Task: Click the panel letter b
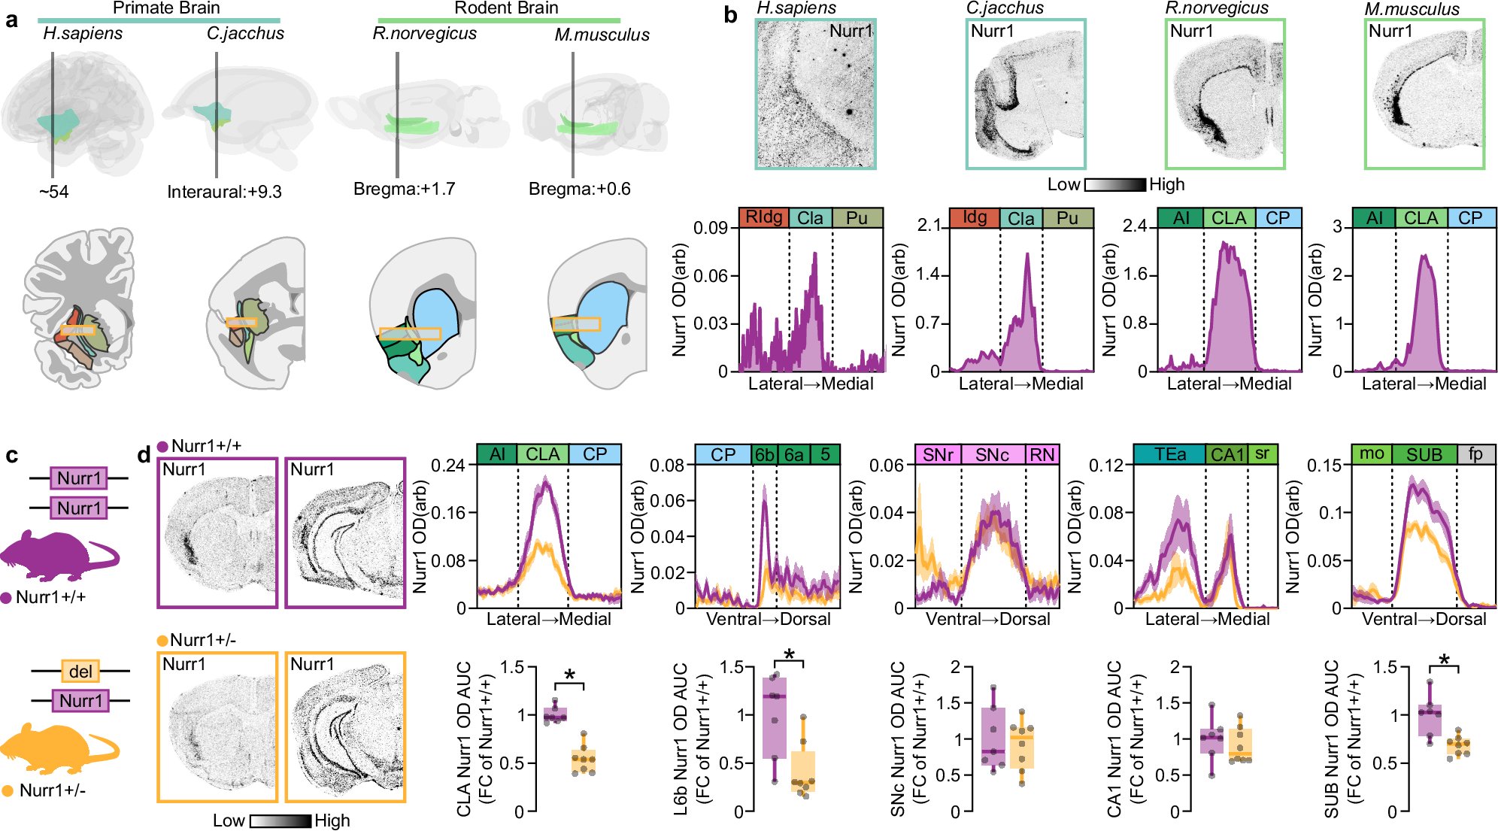(730, 15)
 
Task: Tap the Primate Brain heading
(166, 8)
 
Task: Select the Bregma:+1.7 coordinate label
(405, 189)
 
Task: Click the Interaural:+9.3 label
(224, 192)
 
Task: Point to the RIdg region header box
(764, 217)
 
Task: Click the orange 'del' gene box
(80, 671)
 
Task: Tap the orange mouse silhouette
(56, 748)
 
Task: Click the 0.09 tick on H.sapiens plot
(710, 228)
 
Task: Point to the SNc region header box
(992, 454)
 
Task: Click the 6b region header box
(764, 454)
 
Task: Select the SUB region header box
(1424, 454)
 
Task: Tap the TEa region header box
(1170, 454)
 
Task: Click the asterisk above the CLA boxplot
(569, 675)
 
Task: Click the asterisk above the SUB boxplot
(1444, 661)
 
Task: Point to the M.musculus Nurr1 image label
(1390, 31)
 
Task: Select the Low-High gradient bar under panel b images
(1115, 184)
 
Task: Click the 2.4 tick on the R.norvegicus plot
(1134, 226)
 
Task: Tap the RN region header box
(1042, 454)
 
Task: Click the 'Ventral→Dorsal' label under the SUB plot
(1424, 619)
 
